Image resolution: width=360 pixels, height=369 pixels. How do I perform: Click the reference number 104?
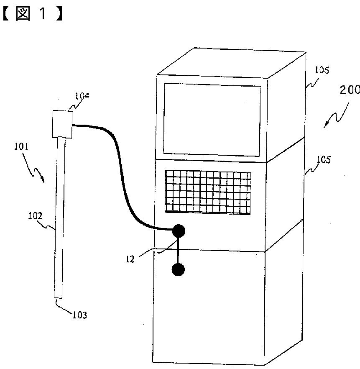pos(82,96)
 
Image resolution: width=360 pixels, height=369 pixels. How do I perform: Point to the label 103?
pos(79,315)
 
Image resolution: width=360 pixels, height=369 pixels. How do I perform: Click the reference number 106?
pos(322,70)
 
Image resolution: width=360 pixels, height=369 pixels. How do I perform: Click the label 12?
pos(130,259)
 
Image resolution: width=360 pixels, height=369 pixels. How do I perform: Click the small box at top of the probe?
pos(62,124)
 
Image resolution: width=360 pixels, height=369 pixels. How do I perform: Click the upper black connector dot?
pos(179,230)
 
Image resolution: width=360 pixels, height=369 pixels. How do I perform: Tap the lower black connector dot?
pos(178,270)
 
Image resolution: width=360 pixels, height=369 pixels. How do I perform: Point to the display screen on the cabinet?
pos(212,120)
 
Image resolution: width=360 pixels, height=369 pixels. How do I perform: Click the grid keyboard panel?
pos(208,192)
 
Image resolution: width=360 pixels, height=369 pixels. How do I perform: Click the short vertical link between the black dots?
pos(179,250)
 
